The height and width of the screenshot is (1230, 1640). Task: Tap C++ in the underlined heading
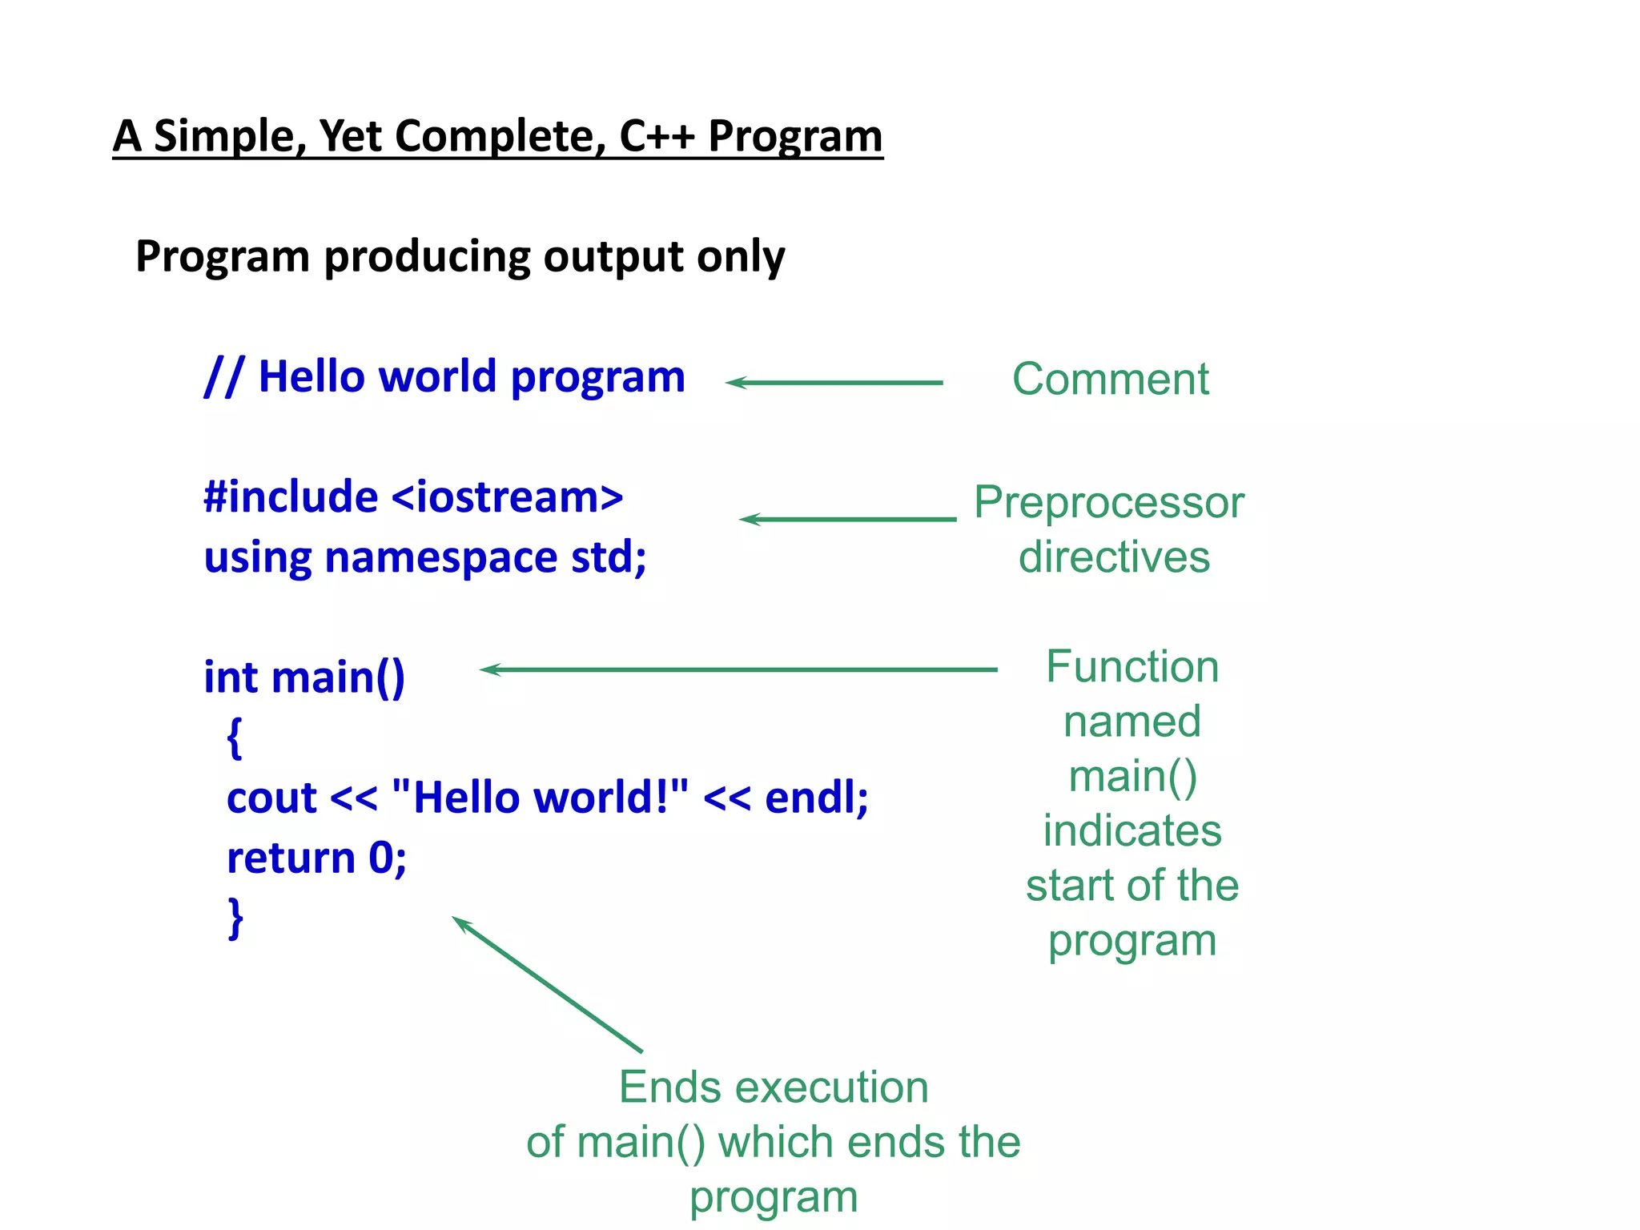coord(657,136)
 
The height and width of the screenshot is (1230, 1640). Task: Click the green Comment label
coord(1110,379)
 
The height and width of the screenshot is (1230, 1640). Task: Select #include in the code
coord(291,497)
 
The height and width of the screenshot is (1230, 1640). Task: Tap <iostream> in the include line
coord(507,497)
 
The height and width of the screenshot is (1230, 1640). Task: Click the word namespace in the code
coord(440,557)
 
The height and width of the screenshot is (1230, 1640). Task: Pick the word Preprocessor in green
coord(1109,503)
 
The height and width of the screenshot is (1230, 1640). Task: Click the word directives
coord(1114,557)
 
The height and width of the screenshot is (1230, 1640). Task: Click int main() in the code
coord(304,677)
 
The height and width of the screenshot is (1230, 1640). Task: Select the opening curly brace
coord(234,738)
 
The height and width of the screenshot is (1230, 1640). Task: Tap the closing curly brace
coord(235,918)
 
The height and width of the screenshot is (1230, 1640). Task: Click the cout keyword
coord(272,798)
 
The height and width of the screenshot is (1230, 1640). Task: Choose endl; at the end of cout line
coord(816,798)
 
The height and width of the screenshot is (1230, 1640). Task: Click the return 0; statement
coord(316,858)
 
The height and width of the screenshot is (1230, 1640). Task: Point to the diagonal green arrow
coord(548,984)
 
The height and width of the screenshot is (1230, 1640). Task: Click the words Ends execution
coord(774,1087)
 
